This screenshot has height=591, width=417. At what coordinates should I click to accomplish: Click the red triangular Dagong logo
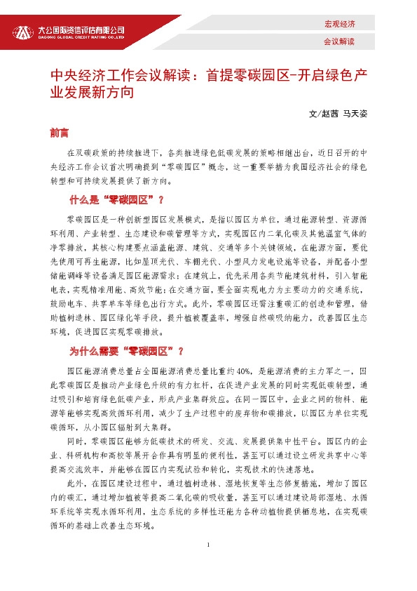[x=26, y=32]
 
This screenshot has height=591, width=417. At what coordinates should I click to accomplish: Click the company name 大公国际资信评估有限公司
[x=80, y=29]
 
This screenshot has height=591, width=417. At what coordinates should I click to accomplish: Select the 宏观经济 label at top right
[x=339, y=24]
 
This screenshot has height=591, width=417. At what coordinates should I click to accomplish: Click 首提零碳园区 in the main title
[x=247, y=75]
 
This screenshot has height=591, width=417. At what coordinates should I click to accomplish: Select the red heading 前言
[x=59, y=131]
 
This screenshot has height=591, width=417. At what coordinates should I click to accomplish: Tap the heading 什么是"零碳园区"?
[x=115, y=200]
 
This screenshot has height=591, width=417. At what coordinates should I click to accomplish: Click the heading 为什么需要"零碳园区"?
[x=126, y=351]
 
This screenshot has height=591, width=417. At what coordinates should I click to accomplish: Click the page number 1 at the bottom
[x=208, y=545]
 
